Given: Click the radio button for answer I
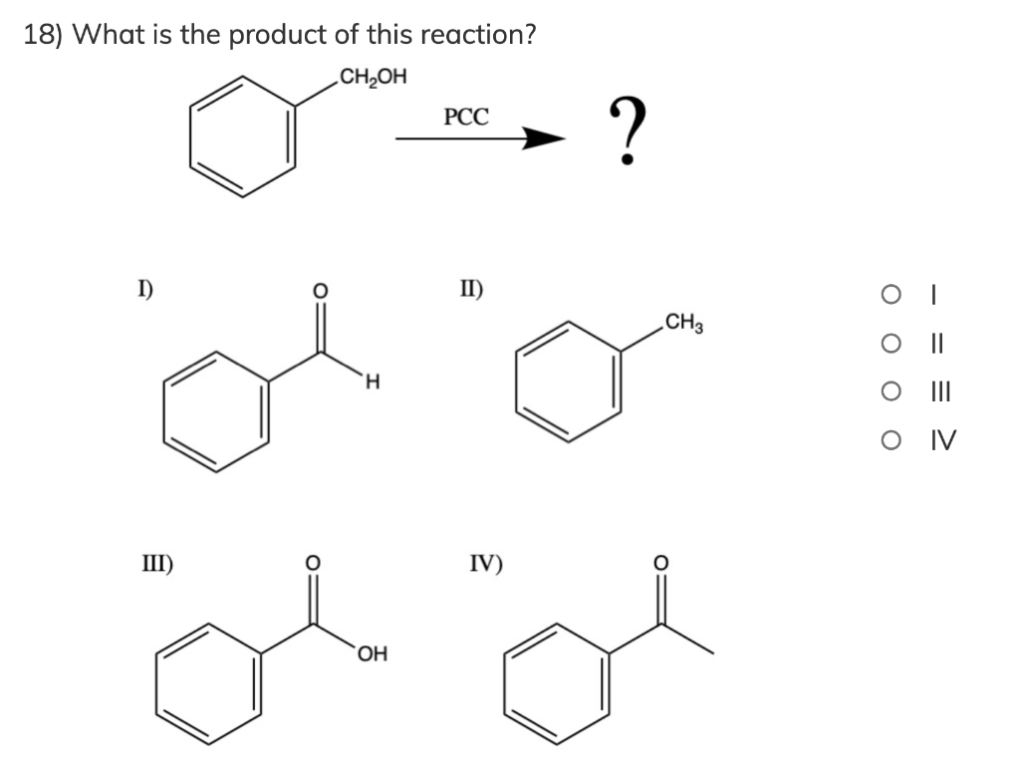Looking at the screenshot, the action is pyautogui.click(x=889, y=295).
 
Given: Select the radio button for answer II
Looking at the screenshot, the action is pyautogui.click(x=889, y=344).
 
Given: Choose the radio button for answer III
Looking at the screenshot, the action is pyautogui.click(x=889, y=391).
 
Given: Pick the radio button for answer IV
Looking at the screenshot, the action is pyautogui.click(x=889, y=439).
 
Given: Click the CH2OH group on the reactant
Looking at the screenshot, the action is pyautogui.click(x=373, y=77).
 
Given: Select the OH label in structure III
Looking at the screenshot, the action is pyautogui.click(x=375, y=654).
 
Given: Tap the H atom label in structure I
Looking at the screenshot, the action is pyautogui.click(x=372, y=381).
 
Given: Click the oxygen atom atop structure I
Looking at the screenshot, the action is pyautogui.click(x=320, y=291).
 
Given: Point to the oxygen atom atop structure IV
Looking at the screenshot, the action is pyautogui.click(x=659, y=563).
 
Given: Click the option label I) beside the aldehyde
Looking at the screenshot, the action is pyautogui.click(x=145, y=291).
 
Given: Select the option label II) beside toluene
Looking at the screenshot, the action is pyautogui.click(x=470, y=291).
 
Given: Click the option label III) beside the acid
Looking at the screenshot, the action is pyautogui.click(x=154, y=564).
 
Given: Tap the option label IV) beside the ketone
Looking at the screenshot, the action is pyautogui.click(x=486, y=564).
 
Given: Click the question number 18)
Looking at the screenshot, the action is pyautogui.click(x=45, y=35).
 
